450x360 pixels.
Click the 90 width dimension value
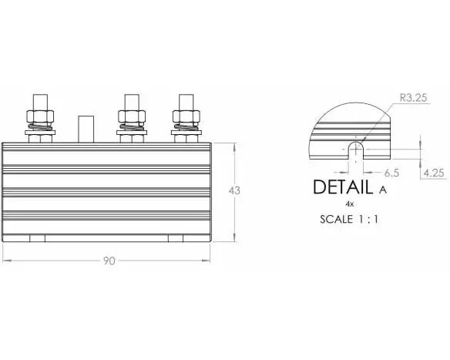pyautogui.click(x=109, y=261)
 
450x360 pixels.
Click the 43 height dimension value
pyautogui.click(x=234, y=190)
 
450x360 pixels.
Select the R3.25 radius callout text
pyautogui.click(x=414, y=98)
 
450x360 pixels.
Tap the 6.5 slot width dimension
pyautogui.click(x=391, y=173)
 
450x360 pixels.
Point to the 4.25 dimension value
pyautogui.click(x=434, y=173)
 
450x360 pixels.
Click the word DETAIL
pyautogui.click(x=343, y=187)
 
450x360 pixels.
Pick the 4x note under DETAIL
pyautogui.click(x=350, y=204)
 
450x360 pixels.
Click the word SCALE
pyautogui.click(x=337, y=220)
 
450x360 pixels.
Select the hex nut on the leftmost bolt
pyautogui.click(x=40, y=116)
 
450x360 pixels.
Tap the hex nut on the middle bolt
pyautogui.click(x=132, y=116)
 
